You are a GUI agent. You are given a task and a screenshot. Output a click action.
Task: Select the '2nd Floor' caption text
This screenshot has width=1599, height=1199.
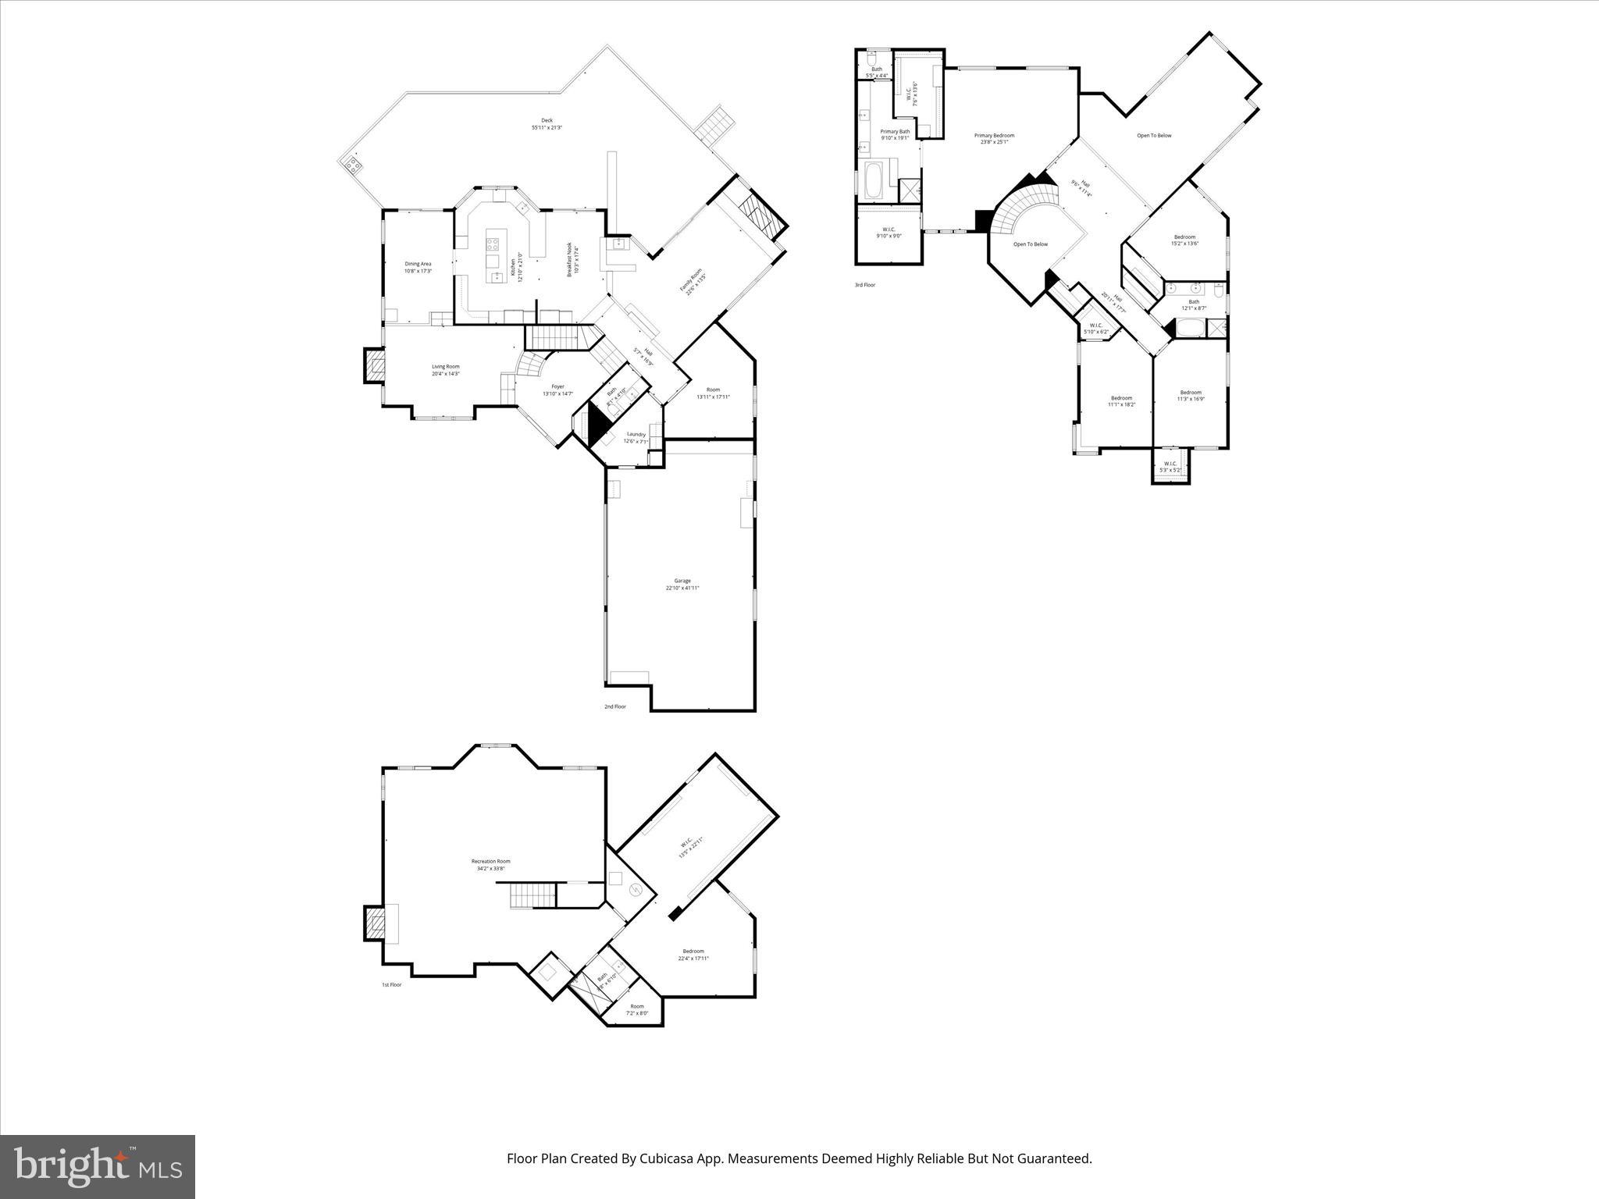pos(614,706)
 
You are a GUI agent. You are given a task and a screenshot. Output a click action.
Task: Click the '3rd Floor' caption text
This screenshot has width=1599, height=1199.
pos(864,285)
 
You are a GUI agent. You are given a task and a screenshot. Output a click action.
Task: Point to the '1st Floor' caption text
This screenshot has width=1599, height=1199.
pos(391,984)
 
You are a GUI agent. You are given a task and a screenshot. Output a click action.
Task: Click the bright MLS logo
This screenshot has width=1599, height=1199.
pos(98,1166)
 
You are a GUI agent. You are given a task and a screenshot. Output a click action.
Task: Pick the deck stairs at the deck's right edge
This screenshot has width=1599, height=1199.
pos(715,124)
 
